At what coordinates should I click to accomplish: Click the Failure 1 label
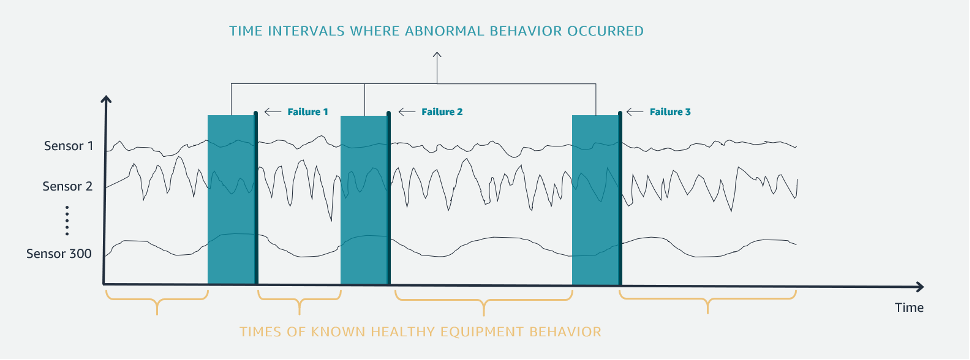click(x=307, y=112)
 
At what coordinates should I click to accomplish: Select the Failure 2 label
click(x=441, y=112)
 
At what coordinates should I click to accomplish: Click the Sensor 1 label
click(x=68, y=146)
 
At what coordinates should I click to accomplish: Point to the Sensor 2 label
click(x=68, y=186)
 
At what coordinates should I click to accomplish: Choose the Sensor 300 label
click(x=60, y=253)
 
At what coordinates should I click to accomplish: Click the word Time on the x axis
click(x=908, y=307)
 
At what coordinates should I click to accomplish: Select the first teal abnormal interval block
click(x=231, y=200)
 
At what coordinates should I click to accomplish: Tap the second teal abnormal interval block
click(x=364, y=200)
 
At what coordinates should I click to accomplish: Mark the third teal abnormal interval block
click(x=596, y=200)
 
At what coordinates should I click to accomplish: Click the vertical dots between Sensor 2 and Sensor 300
click(x=67, y=218)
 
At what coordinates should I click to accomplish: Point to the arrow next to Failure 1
click(x=272, y=112)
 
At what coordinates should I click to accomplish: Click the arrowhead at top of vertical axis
click(x=106, y=99)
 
